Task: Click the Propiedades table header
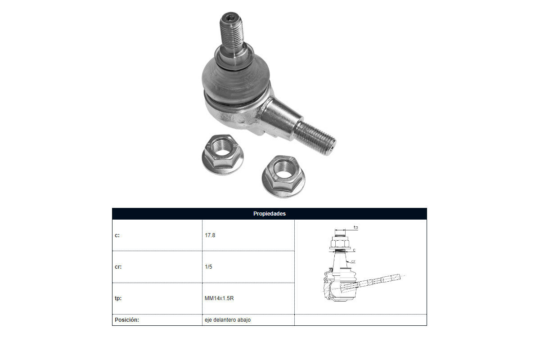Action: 269,214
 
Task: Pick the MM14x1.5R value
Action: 219,298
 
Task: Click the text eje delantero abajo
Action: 228,320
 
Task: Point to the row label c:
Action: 117,235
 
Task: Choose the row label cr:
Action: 118,267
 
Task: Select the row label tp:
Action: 118,298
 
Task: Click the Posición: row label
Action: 127,320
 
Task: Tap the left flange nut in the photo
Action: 222,154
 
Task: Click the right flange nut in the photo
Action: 283,176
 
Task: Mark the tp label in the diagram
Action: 355,227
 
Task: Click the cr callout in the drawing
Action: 353,261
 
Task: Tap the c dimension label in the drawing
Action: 354,250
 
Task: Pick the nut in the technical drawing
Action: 340,242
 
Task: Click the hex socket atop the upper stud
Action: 231,17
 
